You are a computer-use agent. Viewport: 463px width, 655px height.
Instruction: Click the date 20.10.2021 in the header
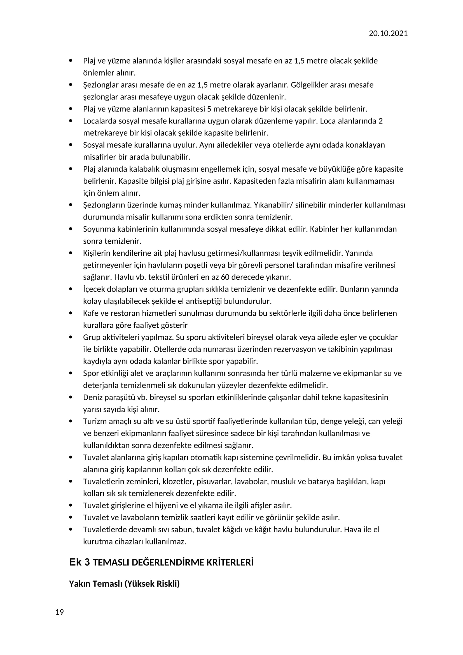tap(388, 34)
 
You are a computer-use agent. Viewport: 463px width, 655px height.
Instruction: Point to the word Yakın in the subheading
tap(78, 584)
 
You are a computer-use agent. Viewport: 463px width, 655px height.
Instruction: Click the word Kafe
tap(90, 313)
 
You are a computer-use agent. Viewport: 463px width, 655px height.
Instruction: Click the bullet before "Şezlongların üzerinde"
tap(71, 205)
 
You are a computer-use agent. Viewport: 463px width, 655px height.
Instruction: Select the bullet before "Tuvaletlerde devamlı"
tap(71, 530)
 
